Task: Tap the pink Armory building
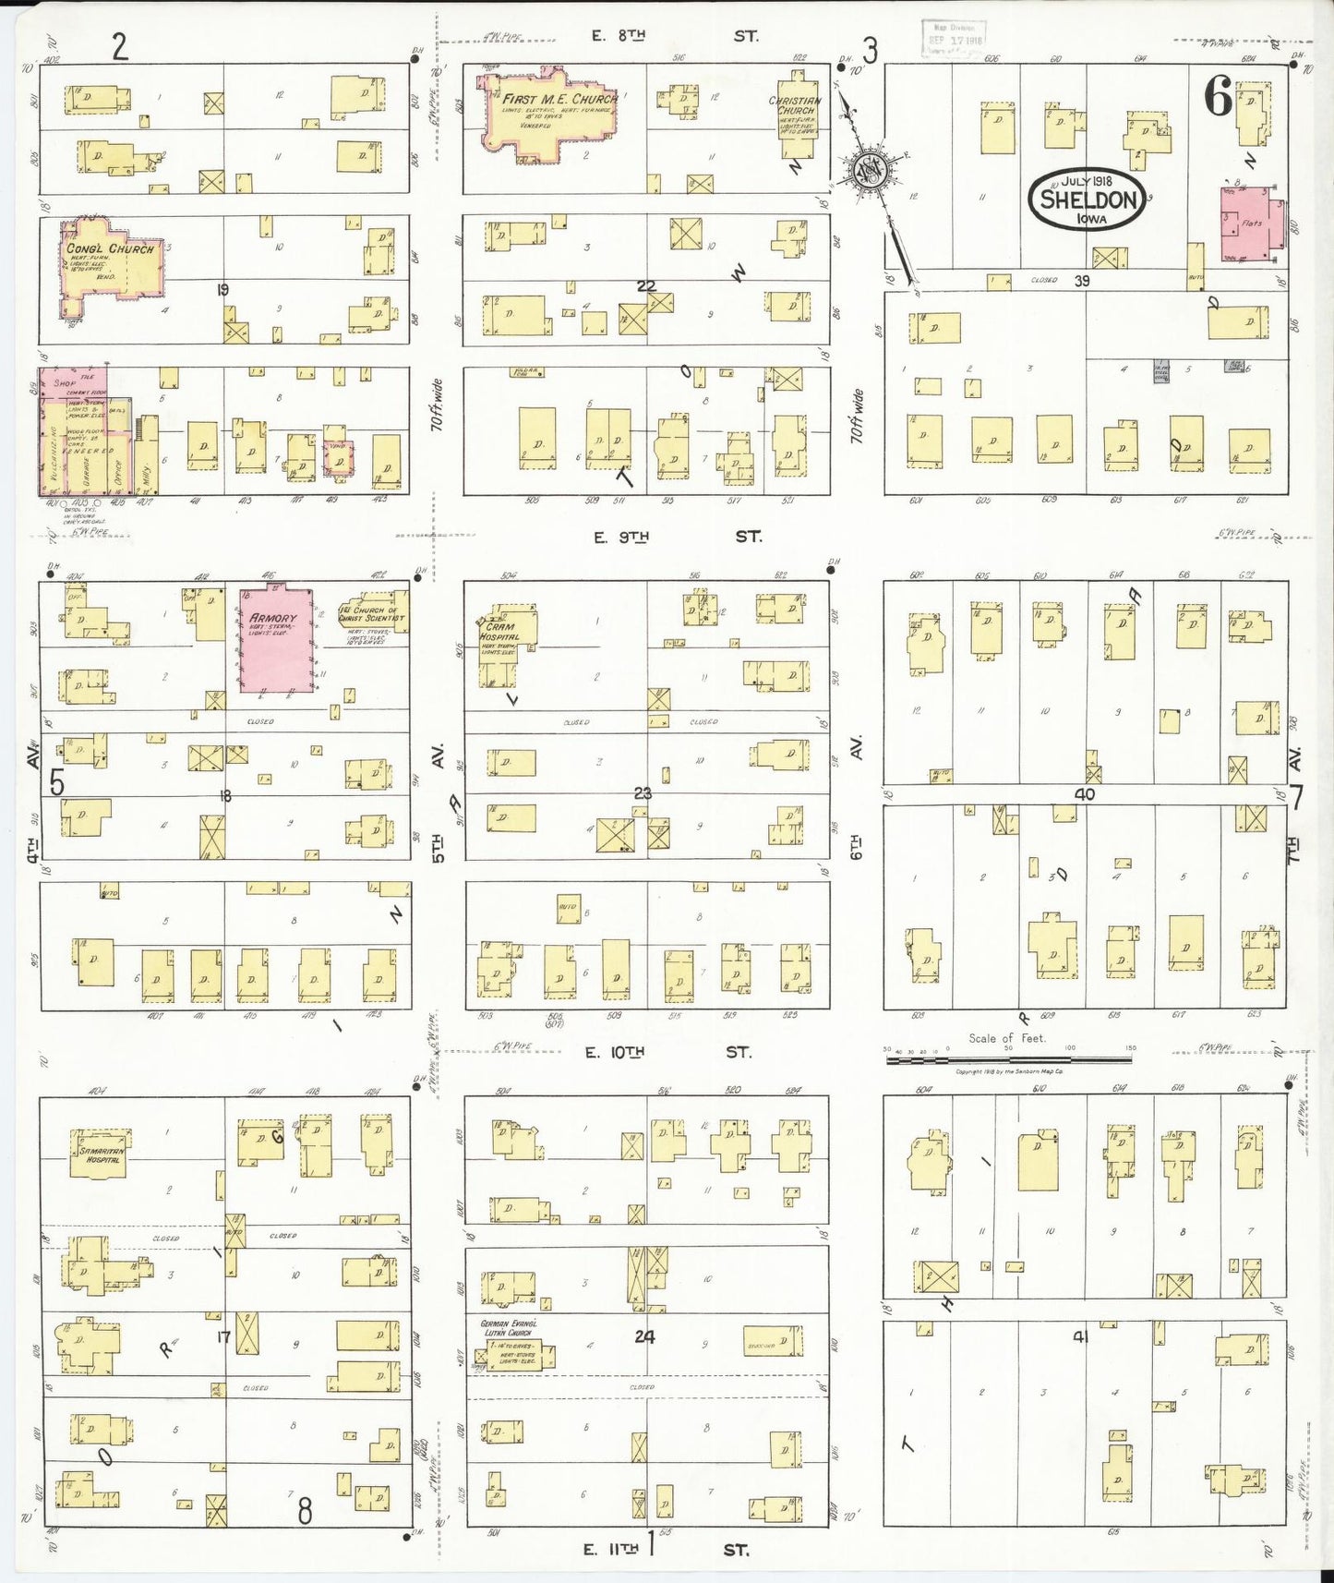tap(275, 637)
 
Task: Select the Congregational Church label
tap(109, 248)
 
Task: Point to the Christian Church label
tap(794, 105)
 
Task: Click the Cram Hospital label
tap(499, 631)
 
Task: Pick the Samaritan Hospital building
tap(100, 1154)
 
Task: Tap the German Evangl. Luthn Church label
tap(507, 1328)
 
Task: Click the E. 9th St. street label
tap(674, 537)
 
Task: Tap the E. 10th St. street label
tap(670, 1052)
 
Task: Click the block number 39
tap(1082, 281)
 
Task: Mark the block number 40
tap(1084, 793)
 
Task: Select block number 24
tap(644, 1335)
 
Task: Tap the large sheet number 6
tap(1218, 96)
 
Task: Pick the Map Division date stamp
tap(955, 38)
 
